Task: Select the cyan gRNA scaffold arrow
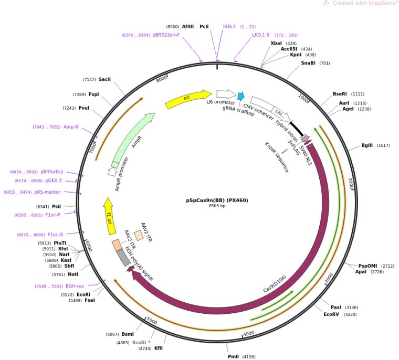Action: pos(241,96)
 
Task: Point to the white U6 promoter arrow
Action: pos(226,94)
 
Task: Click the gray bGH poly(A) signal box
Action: pos(123,257)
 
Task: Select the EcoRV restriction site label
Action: pos(331,314)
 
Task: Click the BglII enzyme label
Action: pos(368,145)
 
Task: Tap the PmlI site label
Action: pos(233,356)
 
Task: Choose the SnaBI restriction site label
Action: pos(308,63)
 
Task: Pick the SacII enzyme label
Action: pos(104,79)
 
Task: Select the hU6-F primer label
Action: pos(230,26)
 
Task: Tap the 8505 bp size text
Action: pos(217,206)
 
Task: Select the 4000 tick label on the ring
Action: pos(249,332)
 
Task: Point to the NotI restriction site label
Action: pos(73,274)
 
